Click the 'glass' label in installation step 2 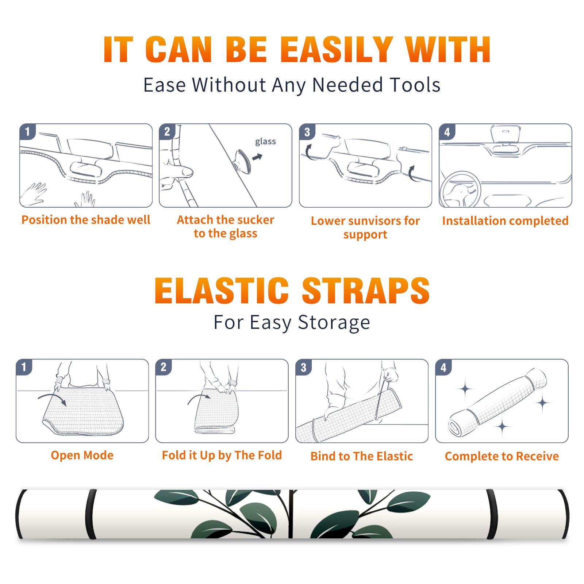point(265,142)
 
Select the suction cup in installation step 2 point(243,161)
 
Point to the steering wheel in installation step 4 point(460,190)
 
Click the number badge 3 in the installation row point(307,132)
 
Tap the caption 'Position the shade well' point(86,220)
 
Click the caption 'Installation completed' point(505,221)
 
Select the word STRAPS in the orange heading point(366,291)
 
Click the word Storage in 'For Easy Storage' point(334,323)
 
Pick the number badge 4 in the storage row point(443,367)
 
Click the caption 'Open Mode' point(82,455)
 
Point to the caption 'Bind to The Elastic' point(362,456)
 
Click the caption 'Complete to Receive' point(502,456)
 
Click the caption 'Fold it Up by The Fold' point(222,456)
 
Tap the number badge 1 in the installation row point(27,131)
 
